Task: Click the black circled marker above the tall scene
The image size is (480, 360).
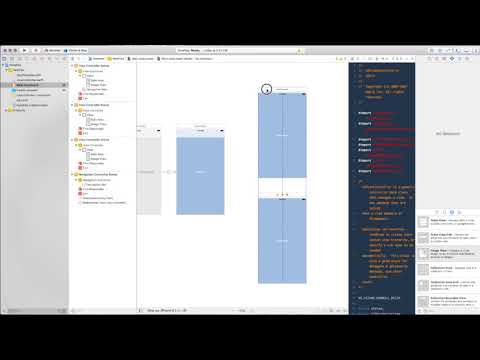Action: click(x=267, y=89)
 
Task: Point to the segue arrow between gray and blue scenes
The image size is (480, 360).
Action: click(x=169, y=172)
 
